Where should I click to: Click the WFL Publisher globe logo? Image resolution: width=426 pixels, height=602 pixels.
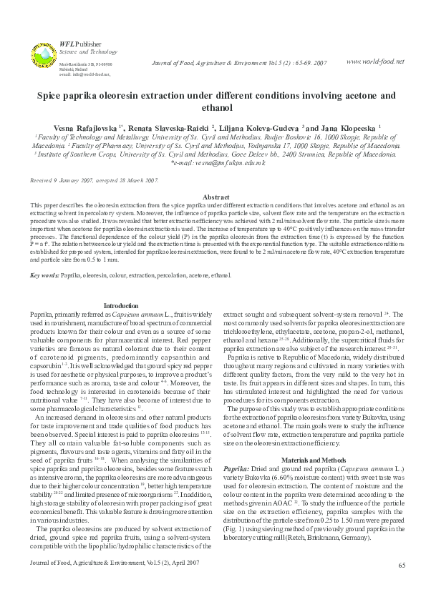pos(42,56)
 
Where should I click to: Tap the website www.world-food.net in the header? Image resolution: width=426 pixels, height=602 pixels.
pos(375,61)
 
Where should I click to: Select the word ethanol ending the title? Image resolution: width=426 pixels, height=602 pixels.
pos(213,108)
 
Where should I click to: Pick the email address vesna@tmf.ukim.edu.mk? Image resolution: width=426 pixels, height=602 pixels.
pos(218,163)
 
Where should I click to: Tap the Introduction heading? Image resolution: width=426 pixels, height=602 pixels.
pos(121,305)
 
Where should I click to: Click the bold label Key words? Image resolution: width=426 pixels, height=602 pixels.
pos(44,275)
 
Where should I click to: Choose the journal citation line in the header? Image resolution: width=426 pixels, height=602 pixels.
pos(240,63)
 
